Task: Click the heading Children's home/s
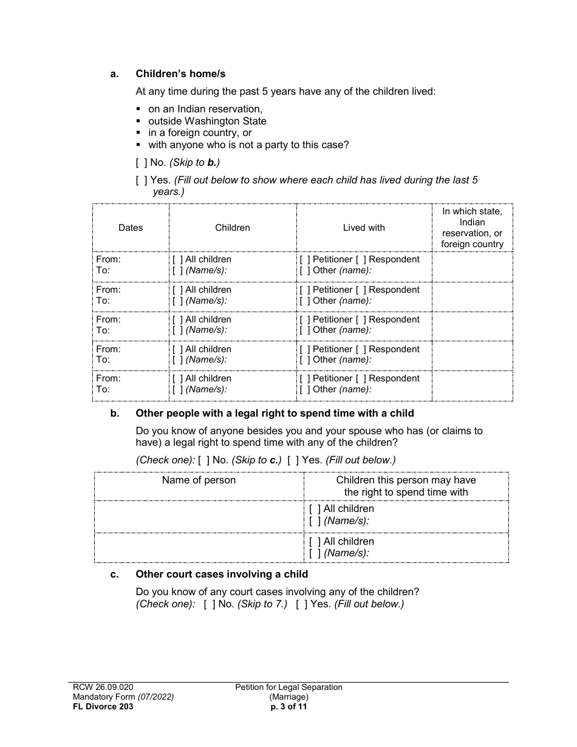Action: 180,73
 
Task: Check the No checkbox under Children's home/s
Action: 141,162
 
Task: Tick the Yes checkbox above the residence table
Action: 141,180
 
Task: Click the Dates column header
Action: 131,228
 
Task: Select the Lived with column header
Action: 364,228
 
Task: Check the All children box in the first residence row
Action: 177,259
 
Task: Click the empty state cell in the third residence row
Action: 472,325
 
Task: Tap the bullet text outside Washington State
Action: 207,121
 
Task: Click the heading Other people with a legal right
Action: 275,413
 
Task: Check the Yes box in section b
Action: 293,460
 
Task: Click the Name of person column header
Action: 199,480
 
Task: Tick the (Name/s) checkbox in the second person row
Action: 314,553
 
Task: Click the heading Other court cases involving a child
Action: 222,574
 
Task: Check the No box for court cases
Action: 209,604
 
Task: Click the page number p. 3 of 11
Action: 289,706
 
